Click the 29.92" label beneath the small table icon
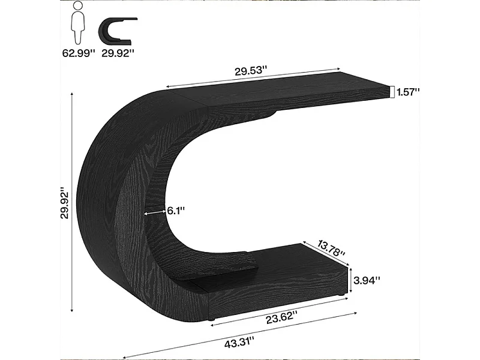tap(119, 53)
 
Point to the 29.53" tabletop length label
tap(251, 71)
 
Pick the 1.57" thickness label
tap(408, 91)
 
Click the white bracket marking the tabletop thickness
tap(391, 91)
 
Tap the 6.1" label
tap(175, 210)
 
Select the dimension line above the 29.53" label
tap(252, 78)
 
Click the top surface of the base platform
tap(282, 264)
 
